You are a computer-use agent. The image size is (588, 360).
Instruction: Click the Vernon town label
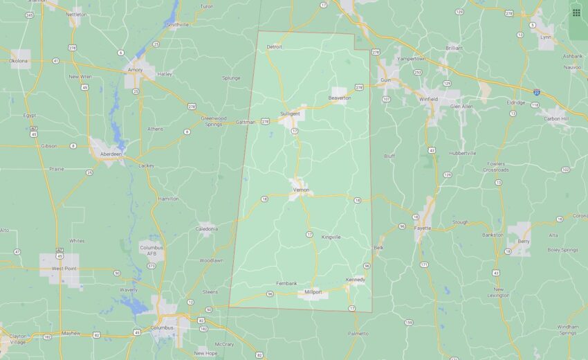[300, 190]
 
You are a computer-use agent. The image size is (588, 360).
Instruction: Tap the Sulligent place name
[290, 113]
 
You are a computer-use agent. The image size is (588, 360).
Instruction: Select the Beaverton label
[340, 98]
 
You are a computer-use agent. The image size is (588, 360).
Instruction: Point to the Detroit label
[275, 47]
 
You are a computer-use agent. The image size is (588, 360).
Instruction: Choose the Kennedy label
[355, 280]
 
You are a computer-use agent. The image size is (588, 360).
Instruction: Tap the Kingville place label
[331, 237]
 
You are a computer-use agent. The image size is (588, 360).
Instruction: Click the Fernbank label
[286, 284]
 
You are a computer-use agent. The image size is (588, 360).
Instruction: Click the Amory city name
[134, 69]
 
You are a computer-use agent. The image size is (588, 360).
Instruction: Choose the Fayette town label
[423, 228]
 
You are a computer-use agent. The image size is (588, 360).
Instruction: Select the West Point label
[64, 268]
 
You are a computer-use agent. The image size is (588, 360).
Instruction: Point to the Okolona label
[19, 61]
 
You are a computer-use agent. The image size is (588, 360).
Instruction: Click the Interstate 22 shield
[536, 91]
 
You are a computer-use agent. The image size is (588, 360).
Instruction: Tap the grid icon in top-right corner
[576, 12]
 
